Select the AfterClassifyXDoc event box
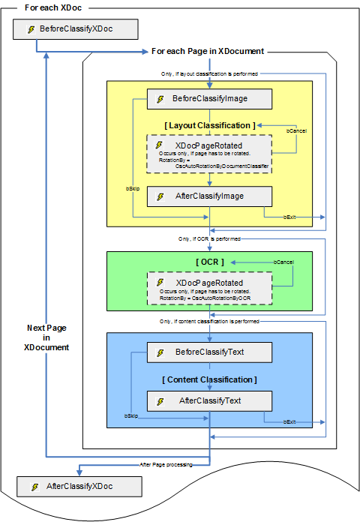79,487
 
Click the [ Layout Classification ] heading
209,124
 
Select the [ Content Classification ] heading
209,379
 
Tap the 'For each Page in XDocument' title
207,51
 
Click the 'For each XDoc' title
54,7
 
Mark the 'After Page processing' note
166,465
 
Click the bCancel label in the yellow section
296,130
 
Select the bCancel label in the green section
283,262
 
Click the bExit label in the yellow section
289,217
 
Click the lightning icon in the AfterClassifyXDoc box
34,487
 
